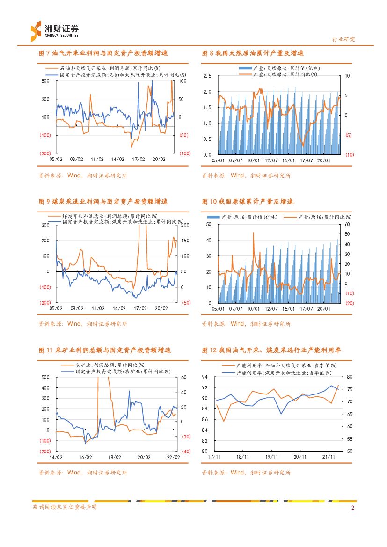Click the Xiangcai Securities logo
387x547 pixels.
pos(54,31)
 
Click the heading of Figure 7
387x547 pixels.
pos(102,53)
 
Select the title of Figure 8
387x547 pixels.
pos(253,53)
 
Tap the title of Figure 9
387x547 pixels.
pos(102,202)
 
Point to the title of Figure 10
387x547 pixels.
pos(248,202)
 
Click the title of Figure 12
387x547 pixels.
pos(271,350)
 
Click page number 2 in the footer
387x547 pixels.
pos(353,507)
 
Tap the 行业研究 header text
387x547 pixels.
pos(343,39)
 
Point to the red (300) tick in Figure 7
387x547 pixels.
pos(45,153)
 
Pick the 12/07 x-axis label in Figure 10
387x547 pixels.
pos(271,308)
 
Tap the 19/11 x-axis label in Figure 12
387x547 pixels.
pos(271,457)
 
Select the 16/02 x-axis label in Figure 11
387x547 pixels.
pos(85,457)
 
